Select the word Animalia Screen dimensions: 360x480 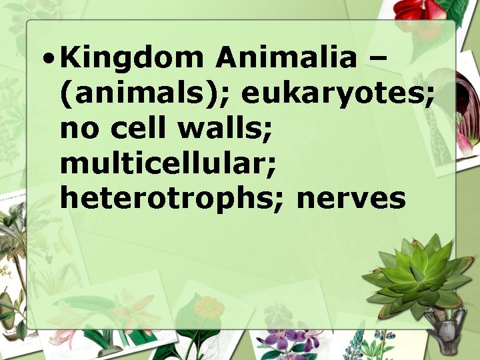(x=286, y=59)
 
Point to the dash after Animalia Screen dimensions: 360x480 (x=377, y=59)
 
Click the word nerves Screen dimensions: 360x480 (x=351, y=198)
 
